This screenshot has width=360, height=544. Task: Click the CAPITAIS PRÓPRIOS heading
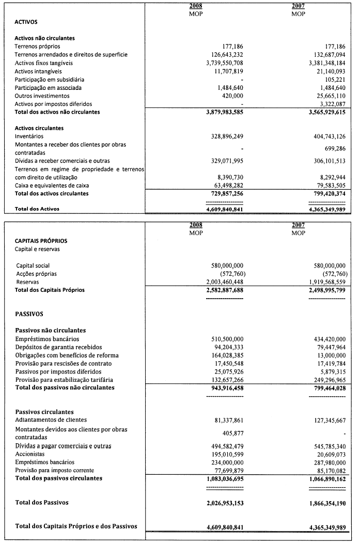coord(41,241)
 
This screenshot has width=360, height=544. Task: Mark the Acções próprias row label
coord(36,273)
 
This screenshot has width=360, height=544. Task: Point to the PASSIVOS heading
coord(30,314)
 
